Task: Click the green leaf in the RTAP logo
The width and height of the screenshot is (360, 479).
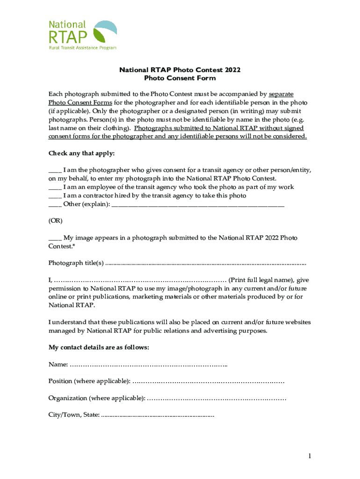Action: point(101,36)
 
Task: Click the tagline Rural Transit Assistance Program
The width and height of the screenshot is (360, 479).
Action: point(83,47)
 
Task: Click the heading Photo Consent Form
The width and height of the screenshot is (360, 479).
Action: point(180,78)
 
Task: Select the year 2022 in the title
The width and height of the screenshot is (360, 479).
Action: point(232,70)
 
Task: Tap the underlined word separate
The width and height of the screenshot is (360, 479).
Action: point(281,94)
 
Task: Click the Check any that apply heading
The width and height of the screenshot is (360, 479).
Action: point(81,153)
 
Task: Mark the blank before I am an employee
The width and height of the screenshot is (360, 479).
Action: point(55,187)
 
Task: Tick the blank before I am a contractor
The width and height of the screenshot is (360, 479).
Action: point(55,195)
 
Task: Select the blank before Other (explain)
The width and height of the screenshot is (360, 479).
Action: point(55,204)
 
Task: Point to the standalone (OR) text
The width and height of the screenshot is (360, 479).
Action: point(55,220)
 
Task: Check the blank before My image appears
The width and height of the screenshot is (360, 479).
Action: point(55,238)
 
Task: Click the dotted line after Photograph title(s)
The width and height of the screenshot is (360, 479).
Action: point(206,263)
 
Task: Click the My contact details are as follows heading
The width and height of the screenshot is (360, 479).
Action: point(99,347)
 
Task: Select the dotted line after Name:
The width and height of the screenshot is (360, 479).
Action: point(149,364)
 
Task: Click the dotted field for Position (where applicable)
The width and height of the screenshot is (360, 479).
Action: point(209,381)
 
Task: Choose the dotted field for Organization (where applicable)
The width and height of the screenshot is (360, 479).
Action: point(216,398)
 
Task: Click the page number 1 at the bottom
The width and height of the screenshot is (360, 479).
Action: point(309,456)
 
